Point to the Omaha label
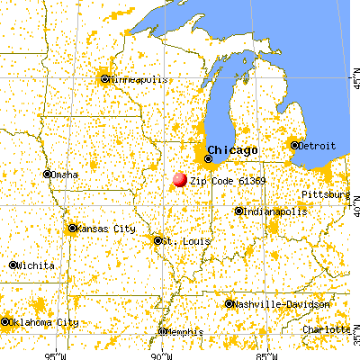[x=65, y=175]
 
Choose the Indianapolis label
[x=273, y=211]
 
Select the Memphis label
[x=185, y=332]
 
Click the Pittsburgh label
[x=326, y=194]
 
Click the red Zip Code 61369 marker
[x=179, y=179]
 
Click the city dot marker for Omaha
[x=47, y=175]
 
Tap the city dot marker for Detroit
[x=294, y=145]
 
